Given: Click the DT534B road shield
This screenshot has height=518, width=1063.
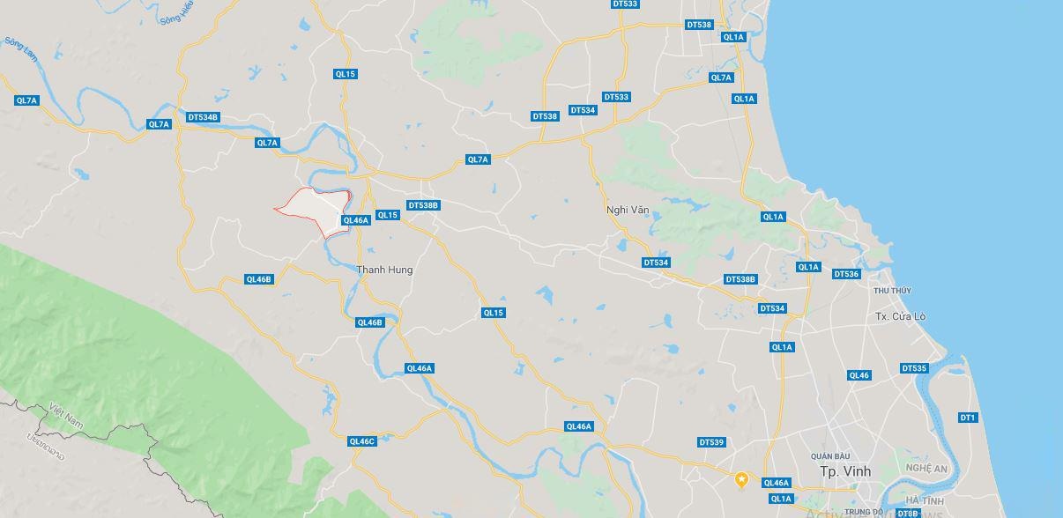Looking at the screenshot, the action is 203,117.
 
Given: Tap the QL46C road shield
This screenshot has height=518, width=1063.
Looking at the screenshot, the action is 361,441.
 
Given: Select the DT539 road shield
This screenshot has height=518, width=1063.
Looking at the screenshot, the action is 710,442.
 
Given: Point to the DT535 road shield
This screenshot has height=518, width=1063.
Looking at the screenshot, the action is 914,368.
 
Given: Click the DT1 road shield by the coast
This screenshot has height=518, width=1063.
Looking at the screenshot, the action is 967,418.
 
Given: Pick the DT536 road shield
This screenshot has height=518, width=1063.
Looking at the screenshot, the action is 845,274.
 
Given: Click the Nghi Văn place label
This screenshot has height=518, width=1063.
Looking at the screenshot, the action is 626,210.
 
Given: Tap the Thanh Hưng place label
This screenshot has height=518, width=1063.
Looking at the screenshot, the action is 384,270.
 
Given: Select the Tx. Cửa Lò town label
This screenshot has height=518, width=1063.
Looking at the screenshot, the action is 900,316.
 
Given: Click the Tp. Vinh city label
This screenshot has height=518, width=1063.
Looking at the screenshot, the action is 845,471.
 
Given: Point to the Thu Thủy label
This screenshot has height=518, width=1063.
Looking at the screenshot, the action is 892,291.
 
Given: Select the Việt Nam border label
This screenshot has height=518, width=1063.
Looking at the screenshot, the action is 66,417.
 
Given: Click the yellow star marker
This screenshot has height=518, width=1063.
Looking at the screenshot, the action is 742,479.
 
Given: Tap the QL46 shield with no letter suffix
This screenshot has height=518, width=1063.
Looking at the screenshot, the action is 859,375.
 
